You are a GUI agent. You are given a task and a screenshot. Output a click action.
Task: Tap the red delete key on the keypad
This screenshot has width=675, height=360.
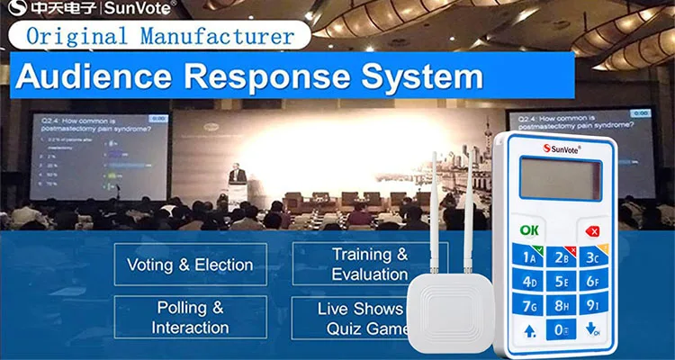pyautogui.click(x=593, y=230)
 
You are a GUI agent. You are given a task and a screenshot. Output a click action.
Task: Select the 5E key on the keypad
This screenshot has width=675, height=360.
pyautogui.click(x=561, y=282)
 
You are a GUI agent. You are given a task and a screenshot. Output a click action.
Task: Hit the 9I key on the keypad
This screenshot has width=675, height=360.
pyautogui.click(x=593, y=304)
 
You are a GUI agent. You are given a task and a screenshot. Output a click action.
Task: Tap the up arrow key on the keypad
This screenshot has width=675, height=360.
pyautogui.click(x=528, y=328)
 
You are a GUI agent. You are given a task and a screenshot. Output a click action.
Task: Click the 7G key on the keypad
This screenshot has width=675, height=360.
pyautogui.click(x=528, y=305)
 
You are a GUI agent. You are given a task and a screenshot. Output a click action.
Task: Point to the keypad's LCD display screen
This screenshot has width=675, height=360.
pyautogui.click(x=560, y=177)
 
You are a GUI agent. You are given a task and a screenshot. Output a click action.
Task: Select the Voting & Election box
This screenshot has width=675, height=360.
pyautogui.click(x=190, y=265)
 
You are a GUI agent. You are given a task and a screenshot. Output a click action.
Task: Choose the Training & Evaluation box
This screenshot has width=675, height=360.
pyautogui.click(x=369, y=265)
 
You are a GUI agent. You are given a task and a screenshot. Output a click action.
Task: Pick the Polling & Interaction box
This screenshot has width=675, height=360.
pyautogui.click(x=190, y=317)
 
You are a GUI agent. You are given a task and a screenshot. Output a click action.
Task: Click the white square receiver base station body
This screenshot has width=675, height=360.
pyautogui.click(x=449, y=309)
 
